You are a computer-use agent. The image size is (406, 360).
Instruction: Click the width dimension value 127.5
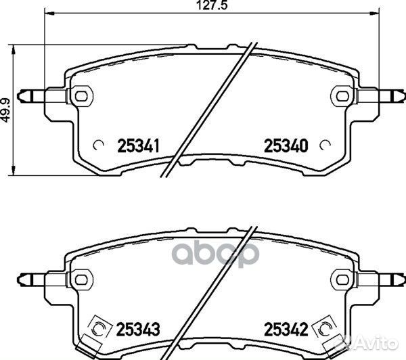[x=212, y=5]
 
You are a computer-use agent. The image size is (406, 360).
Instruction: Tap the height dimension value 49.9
[x=5, y=110]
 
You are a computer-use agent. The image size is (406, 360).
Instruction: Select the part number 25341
[x=138, y=145]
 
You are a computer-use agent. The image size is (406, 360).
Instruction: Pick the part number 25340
[x=286, y=145]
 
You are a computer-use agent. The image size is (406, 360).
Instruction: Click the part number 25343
[x=138, y=329]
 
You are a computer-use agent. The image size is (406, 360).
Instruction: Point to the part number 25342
[x=286, y=329]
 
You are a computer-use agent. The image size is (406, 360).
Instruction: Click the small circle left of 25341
[x=98, y=145]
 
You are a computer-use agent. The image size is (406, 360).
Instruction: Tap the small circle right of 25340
[x=325, y=145]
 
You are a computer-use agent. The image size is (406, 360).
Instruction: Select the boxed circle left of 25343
[x=99, y=328]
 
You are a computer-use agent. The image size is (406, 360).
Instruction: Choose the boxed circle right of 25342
[x=324, y=328]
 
